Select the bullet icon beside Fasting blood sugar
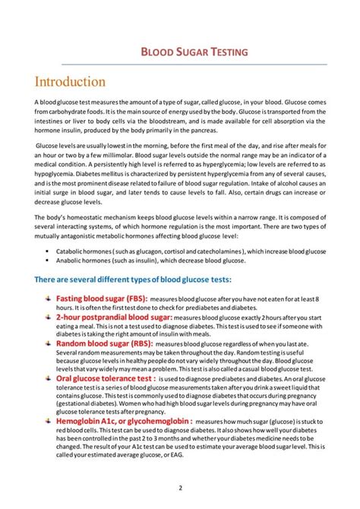coord(47,299)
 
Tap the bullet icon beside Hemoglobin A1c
coord(47,419)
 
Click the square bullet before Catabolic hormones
coord(49,250)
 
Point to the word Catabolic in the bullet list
coord(71,250)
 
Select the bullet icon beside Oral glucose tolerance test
coord(47,376)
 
